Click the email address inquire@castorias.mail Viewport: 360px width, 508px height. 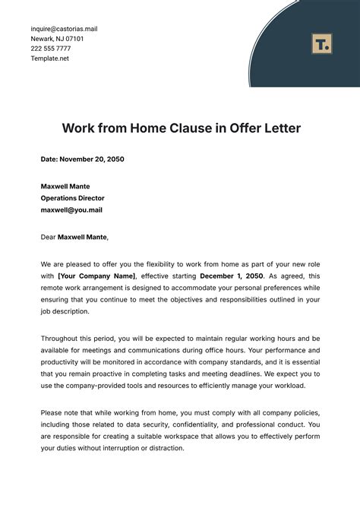point(64,29)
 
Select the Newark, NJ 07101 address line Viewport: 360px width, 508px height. point(57,39)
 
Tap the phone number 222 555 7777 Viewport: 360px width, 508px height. point(52,48)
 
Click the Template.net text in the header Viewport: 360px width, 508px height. point(50,58)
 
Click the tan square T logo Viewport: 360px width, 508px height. point(321,44)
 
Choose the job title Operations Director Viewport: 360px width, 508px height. point(73,197)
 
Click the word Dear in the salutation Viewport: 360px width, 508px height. point(49,237)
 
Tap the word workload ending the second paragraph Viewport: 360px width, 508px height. point(288,387)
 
